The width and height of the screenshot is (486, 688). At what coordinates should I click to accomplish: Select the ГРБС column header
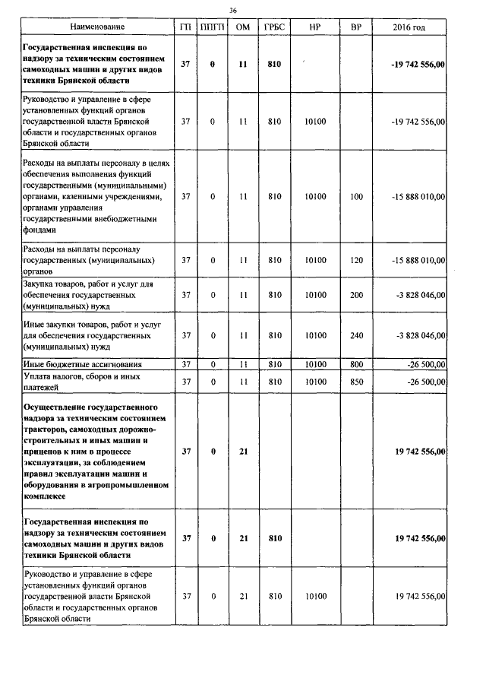[x=274, y=27]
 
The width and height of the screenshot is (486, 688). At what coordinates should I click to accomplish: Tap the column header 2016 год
[x=409, y=27]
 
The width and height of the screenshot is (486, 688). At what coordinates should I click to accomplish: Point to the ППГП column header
[x=213, y=27]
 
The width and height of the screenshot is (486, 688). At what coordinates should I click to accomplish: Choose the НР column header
[x=314, y=27]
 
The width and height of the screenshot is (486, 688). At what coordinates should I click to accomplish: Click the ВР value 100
[x=355, y=196]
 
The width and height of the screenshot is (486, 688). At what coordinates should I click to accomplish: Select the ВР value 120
[x=355, y=260]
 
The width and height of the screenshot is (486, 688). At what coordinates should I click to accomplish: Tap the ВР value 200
[x=355, y=295]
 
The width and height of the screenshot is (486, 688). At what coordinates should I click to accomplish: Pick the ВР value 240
[x=355, y=335]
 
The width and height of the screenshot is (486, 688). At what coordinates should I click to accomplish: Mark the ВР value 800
[x=355, y=364]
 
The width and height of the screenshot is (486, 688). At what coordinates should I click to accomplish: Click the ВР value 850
[x=355, y=382]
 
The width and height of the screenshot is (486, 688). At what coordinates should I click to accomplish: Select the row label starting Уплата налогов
[x=79, y=382]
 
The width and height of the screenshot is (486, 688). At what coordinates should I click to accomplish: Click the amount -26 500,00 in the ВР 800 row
[x=422, y=364]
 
